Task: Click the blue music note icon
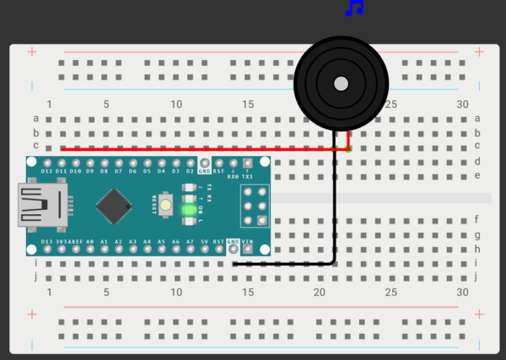tap(355, 8)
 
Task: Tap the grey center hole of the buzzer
tap(341, 83)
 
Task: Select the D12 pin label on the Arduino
tap(47, 171)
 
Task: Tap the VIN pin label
tap(247, 242)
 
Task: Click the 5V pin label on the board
tap(204, 242)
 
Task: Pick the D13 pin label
tap(47, 242)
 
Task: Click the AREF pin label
tap(76, 242)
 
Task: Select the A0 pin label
tap(90, 242)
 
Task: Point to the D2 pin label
tap(190, 171)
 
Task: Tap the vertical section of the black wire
tap(334, 211)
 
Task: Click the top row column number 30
tap(461, 104)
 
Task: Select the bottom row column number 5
tap(106, 293)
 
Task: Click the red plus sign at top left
tap(32, 52)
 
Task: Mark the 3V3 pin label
tap(62, 242)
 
